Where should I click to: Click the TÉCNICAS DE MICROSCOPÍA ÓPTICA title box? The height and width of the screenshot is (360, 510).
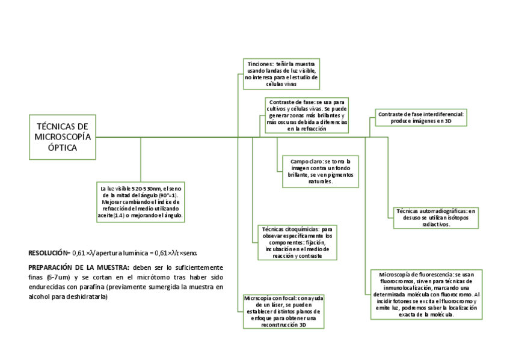(63, 137)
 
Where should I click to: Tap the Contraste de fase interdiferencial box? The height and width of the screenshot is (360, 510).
(420, 117)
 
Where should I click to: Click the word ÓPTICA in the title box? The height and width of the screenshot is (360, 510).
(63, 148)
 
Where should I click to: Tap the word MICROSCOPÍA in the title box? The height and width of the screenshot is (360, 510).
(63, 137)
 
